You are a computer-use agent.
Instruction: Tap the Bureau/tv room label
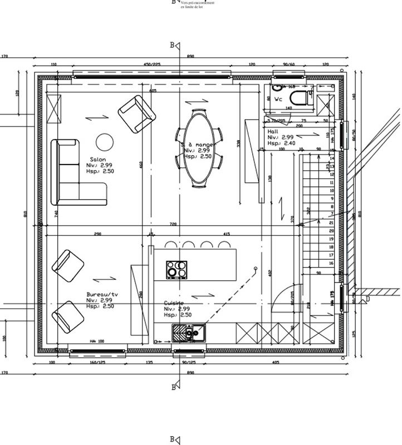pos(102,294)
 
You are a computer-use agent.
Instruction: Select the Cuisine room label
pos(174,303)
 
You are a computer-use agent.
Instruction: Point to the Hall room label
pos(273,131)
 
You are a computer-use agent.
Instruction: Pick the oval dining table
pos(199,149)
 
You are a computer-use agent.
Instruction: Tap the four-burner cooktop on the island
pos(177,269)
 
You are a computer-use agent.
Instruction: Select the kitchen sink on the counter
pos(189,333)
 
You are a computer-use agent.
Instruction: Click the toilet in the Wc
pos(301,99)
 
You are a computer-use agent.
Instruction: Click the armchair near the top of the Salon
pos(136,113)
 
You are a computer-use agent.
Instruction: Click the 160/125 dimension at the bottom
pos(97,362)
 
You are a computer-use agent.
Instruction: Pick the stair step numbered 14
pos(332,159)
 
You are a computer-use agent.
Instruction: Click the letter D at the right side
pos(367,299)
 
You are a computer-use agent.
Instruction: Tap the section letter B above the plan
pos(173,44)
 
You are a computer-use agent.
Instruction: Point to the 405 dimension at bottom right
pos(275,362)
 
